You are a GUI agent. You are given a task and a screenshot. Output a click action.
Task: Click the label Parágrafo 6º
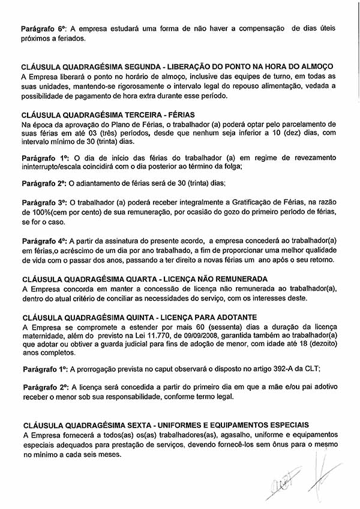pyautogui.click(x=44, y=28)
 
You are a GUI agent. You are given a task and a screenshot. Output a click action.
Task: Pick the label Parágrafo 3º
pyautogui.click(x=44, y=204)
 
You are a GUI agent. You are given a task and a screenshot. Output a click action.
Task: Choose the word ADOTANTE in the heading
pyautogui.click(x=230, y=316)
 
